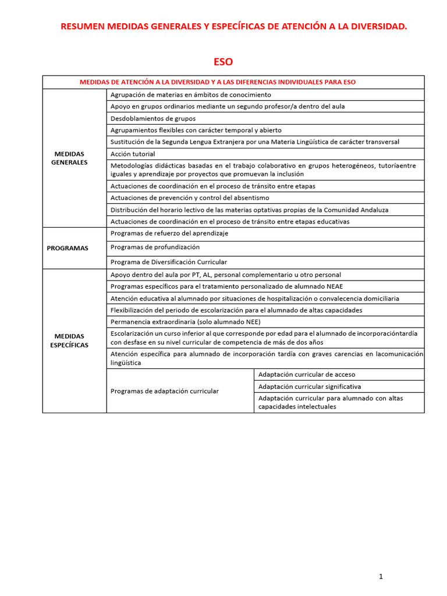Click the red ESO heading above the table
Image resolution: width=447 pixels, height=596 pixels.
pyautogui.click(x=223, y=62)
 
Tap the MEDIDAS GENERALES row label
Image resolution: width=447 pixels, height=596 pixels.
pyautogui.click(x=69, y=158)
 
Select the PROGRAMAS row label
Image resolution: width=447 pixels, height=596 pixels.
pyautogui.click(x=68, y=248)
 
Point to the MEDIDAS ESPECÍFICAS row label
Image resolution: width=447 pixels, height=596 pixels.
pyautogui.click(x=69, y=340)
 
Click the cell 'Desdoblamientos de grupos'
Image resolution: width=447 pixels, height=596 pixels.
pyautogui.click(x=153, y=118)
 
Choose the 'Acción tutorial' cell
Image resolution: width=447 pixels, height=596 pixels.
pyautogui.click(x=133, y=154)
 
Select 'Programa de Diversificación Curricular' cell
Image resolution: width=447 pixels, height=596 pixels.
pyautogui.click(x=169, y=262)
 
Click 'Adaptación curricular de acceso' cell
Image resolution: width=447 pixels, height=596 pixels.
pyautogui.click(x=307, y=374)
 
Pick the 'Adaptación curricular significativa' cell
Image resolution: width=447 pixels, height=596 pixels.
pyautogui.click(x=310, y=386)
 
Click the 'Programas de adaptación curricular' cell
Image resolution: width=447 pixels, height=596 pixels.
pyautogui.click(x=165, y=391)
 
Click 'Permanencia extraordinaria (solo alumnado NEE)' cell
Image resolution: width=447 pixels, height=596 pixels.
pyautogui.click(x=186, y=322)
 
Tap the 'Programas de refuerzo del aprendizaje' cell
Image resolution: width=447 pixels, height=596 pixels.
pyautogui.click(x=169, y=233)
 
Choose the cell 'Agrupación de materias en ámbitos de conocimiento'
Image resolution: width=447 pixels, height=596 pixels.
pyautogui.click(x=191, y=94)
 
